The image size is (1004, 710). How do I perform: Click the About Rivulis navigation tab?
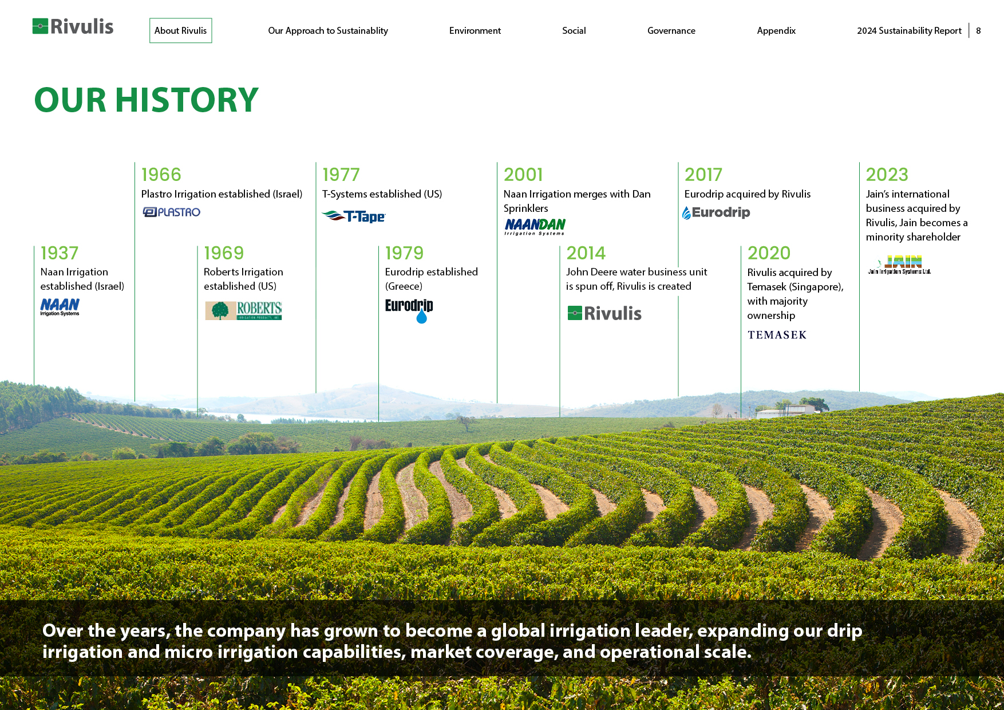pyautogui.click(x=180, y=30)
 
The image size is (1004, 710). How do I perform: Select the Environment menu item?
pyautogui.click(x=475, y=31)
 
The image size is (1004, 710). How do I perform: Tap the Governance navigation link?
pyautogui.click(x=671, y=31)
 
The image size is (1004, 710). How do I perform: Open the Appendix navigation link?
pyautogui.click(x=776, y=31)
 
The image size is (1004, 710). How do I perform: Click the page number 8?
pyautogui.click(x=978, y=31)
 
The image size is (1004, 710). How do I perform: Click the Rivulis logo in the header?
pyautogui.click(x=73, y=26)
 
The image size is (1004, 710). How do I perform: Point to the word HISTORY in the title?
pyautogui.click(x=187, y=100)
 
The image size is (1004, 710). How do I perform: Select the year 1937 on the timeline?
pyautogui.click(x=60, y=253)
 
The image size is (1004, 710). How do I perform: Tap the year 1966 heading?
pyautogui.click(x=161, y=175)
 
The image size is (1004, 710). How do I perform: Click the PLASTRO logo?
pyautogui.click(x=171, y=212)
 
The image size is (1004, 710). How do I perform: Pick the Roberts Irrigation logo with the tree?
pyautogui.click(x=243, y=310)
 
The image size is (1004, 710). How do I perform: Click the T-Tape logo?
pyautogui.click(x=354, y=216)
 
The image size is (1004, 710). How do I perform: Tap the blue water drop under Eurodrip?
pyautogui.click(x=422, y=317)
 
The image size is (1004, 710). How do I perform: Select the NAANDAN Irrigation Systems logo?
pyautogui.click(x=535, y=227)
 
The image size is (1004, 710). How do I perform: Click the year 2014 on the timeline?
pyautogui.click(x=586, y=253)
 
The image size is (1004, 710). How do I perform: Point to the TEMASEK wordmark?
pyautogui.click(x=777, y=335)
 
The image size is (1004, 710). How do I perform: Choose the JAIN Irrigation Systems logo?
pyautogui.click(x=900, y=265)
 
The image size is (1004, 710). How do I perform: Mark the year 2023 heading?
pyautogui.click(x=887, y=175)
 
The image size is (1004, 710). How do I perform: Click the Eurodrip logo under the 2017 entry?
pyautogui.click(x=716, y=212)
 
